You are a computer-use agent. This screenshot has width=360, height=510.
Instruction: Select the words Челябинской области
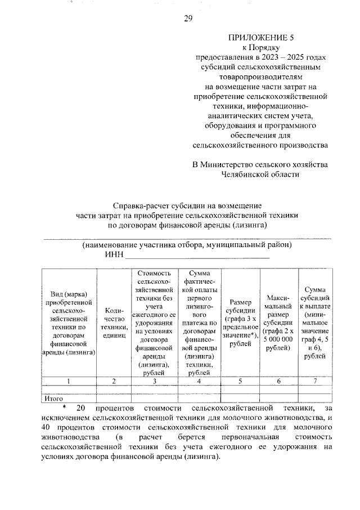click(259, 175)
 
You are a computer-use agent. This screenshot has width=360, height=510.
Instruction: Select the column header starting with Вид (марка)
click(68, 323)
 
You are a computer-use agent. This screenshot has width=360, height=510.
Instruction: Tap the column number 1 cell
click(68, 381)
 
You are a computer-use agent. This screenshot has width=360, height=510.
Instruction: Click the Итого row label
click(54, 398)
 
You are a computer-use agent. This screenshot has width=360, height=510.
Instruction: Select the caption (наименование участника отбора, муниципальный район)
click(186, 245)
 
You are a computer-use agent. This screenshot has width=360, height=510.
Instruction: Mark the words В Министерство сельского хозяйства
click(259, 165)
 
